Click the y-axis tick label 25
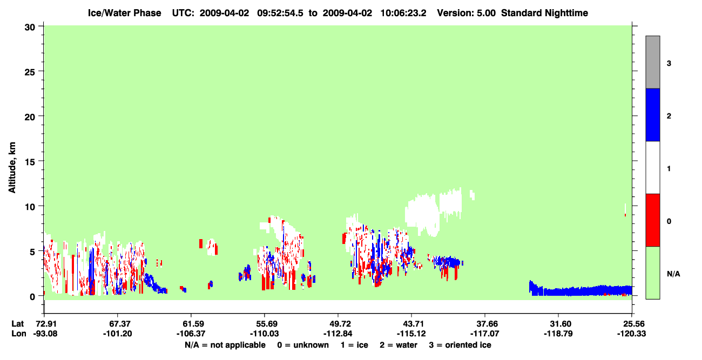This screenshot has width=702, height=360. [30, 72]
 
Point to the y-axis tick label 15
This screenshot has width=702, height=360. [30, 162]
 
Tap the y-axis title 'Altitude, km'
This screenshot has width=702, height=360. [12, 167]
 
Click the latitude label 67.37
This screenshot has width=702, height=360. [118, 324]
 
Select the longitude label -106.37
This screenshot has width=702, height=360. [191, 334]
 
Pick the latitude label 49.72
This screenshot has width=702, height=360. [338, 324]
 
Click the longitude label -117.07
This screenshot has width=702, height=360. [485, 334]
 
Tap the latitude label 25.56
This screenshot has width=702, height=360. [632, 324]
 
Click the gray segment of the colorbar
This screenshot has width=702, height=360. [652, 62]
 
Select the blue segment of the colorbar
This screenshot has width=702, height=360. [652, 114]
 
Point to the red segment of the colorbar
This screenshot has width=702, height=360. [652, 220]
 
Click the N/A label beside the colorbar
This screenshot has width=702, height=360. [673, 274]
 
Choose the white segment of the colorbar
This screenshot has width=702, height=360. [652, 167]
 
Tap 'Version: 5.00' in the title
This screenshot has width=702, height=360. [467, 13]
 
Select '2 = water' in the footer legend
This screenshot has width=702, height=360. [399, 345]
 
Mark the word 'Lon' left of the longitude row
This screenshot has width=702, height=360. [19, 334]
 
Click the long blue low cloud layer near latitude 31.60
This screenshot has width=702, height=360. [580, 290]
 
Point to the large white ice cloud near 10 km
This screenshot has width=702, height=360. [433, 212]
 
